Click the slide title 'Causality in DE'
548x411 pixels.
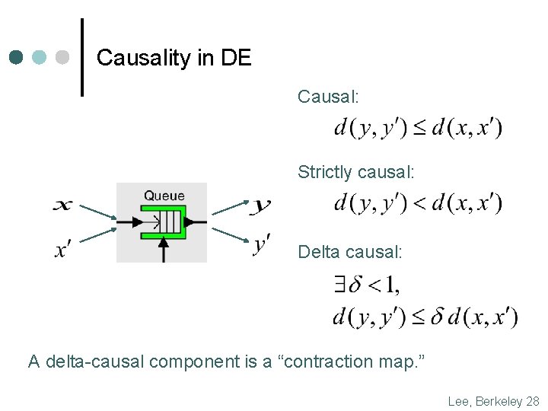(x=174, y=58)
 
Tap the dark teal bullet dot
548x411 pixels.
(x=18, y=57)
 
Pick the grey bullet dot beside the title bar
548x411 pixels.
(x=62, y=57)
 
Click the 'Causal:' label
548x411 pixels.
(x=328, y=97)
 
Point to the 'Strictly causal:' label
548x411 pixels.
(x=356, y=173)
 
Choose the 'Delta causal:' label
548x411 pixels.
(x=350, y=251)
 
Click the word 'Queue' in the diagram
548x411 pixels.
(x=164, y=196)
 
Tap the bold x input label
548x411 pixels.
(x=64, y=204)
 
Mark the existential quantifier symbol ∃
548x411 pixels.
(x=340, y=285)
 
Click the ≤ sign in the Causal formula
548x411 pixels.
(x=419, y=128)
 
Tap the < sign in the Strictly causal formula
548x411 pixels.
(x=419, y=203)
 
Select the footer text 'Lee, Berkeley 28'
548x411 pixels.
(x=493, y=401)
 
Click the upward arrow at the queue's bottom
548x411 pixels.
(x=163, y=249)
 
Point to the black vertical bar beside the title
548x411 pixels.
(x=82, y=58)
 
